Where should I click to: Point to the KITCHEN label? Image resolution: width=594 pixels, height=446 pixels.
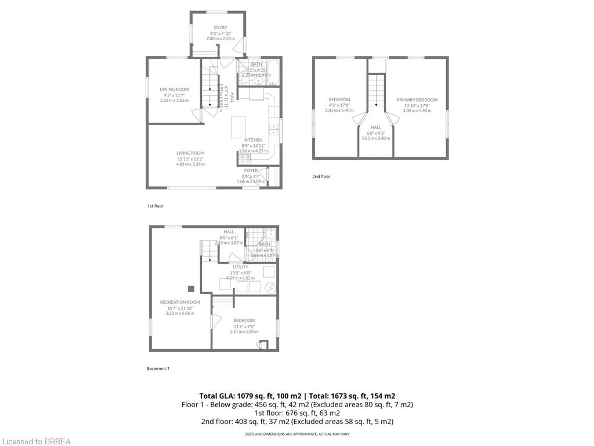253,140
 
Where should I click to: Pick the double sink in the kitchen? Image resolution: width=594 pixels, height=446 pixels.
274,129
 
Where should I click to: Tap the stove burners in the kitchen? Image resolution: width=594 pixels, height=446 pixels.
245,159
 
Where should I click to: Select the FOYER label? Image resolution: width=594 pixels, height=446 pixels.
251,171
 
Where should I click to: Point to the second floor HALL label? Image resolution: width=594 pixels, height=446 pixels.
376,127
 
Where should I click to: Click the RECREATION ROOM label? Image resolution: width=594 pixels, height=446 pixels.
180,302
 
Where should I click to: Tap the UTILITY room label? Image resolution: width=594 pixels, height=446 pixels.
240,267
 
